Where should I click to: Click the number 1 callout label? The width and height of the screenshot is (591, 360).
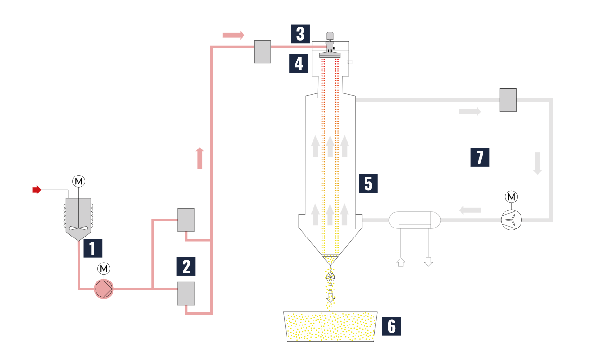[93, 248]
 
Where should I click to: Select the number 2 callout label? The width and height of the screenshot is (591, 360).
[186, 266]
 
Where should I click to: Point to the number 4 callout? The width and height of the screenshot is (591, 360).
[299, 63]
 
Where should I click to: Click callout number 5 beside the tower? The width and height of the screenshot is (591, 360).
[368, 183]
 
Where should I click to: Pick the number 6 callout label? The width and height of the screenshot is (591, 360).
[391, 326]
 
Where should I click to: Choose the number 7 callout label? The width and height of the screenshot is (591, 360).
[480, 157]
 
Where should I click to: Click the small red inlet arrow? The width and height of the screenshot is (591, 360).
[36, 190]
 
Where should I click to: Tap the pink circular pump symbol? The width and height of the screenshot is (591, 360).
[104, 289]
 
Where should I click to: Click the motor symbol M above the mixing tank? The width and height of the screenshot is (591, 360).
[78, 181]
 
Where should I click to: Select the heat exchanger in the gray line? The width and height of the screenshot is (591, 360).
[414, 220]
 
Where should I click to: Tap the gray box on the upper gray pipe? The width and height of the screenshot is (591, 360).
[508, 100]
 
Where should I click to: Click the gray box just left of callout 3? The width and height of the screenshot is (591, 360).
[262, 52]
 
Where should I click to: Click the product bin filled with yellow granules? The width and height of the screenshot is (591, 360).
[330, 326]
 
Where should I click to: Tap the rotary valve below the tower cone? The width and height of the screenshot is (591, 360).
[330, 277]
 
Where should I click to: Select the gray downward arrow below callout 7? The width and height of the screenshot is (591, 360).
[538, 163]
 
